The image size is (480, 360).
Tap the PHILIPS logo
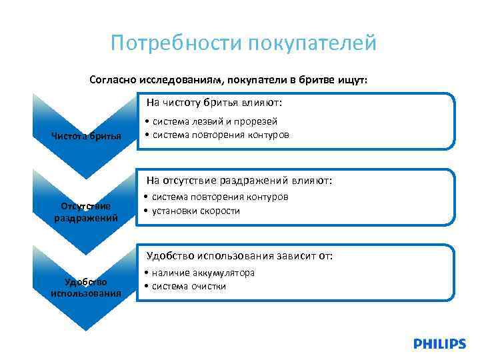(439, 344)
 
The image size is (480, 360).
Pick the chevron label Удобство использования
(86, 287)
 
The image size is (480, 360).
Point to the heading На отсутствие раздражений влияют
(238, 180)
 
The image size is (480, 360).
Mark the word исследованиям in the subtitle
(177, 79)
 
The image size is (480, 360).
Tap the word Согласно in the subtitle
(110, 79)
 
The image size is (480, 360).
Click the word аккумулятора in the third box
(221, 273)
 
